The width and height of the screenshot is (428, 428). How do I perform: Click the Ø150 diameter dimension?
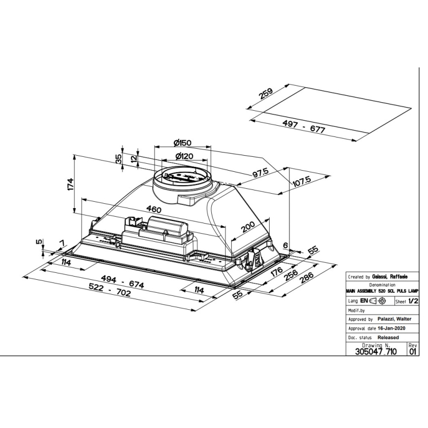click(x=182, y=143)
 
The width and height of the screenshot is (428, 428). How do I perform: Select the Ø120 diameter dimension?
click(x=184, y=156)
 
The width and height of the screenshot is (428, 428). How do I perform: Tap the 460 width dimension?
click(x=155, y=209)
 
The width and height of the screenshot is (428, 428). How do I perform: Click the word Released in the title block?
click(x=388, y=338)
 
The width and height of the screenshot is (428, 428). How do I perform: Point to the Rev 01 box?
click(x=412, y=349)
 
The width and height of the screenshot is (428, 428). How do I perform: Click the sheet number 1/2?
click(x=413, y=301)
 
